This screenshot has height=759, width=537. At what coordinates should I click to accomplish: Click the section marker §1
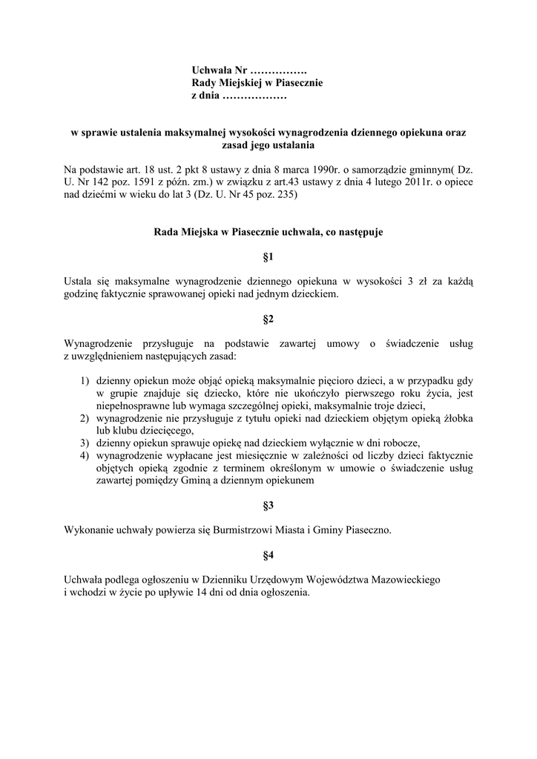click(268, 257)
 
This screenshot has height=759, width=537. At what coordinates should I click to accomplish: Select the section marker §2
click(268, 319)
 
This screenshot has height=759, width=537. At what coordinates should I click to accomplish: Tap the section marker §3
click(268, 506)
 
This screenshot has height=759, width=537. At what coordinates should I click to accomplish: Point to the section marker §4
click(268, 554)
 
